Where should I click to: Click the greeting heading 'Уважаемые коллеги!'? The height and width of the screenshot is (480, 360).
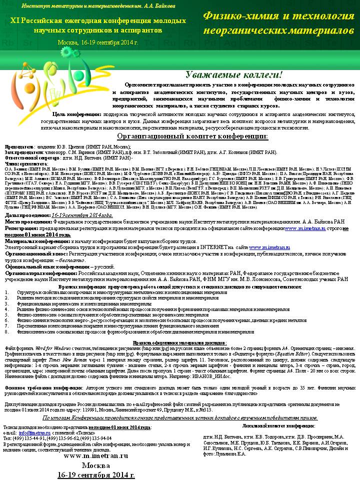[x=234, y=75]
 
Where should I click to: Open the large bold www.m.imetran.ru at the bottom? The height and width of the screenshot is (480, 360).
[x=96, y=455]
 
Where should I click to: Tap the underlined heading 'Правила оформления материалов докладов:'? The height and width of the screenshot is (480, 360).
[x=179, y=342]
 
